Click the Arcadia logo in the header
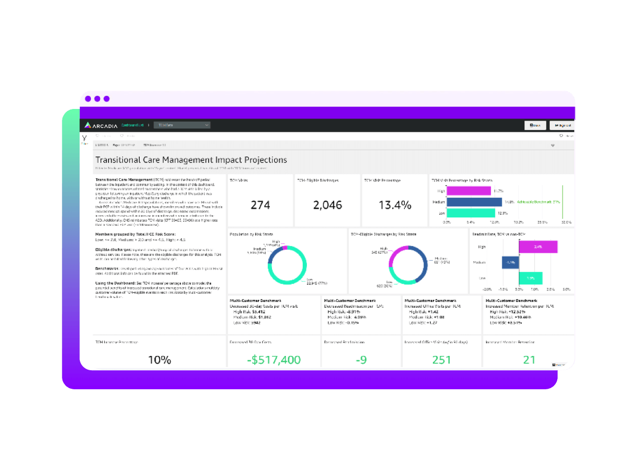102,125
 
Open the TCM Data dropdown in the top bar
182,125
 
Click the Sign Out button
562,125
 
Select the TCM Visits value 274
260,205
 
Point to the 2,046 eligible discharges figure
327,205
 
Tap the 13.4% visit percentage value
394,205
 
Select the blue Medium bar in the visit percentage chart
474,202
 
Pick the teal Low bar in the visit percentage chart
470,213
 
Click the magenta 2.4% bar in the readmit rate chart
538,247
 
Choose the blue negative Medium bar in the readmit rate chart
510,262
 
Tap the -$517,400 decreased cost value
274,360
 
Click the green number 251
442,360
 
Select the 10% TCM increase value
159,360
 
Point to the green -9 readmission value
361,360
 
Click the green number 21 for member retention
529,360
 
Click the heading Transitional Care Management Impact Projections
191,160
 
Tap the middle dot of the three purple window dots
97,99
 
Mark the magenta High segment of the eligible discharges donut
392,259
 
